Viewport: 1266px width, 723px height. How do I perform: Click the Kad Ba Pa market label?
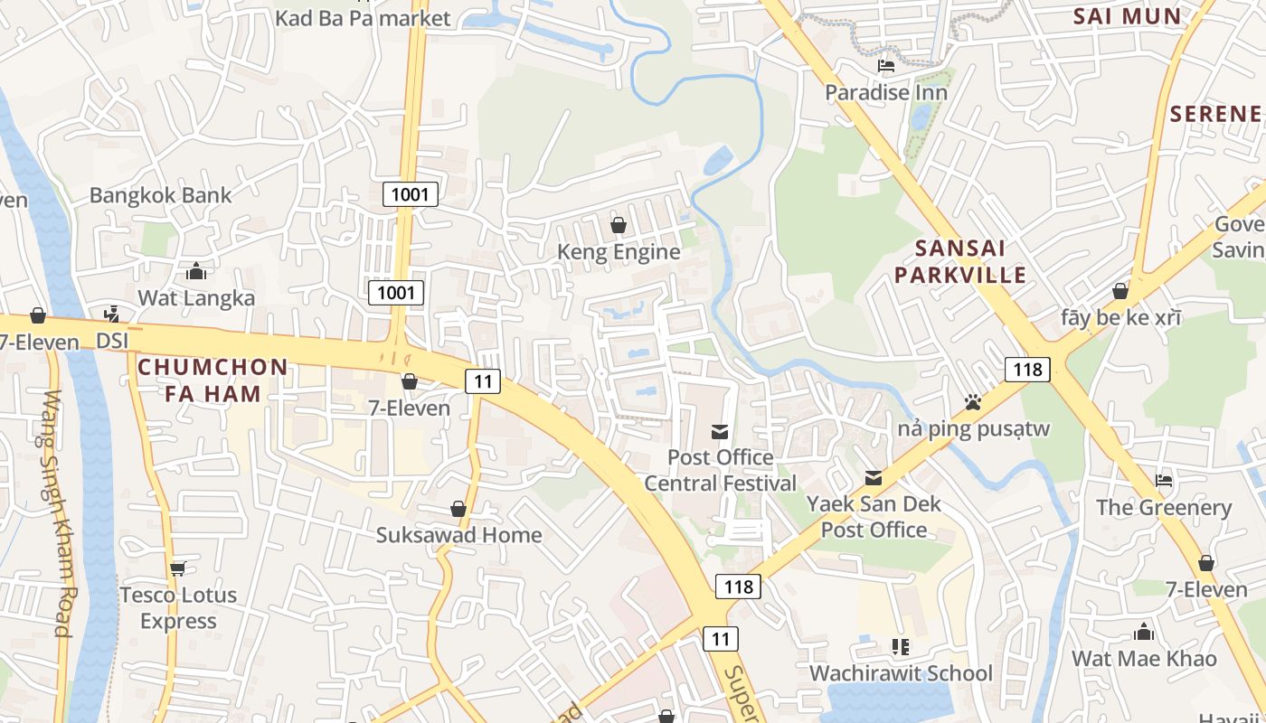pyautogui.click(x=362, y=18)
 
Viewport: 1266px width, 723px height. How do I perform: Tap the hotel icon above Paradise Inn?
pyautogui.click(x=886, y=66)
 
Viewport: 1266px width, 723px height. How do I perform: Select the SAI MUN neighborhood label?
pyautogui.click(x=1127, y=16)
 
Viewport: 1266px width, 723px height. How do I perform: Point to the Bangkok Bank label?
pyautogui.click(x=160, y=195)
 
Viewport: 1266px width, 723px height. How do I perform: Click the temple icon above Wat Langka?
pyautogui.click(x=195, y=271)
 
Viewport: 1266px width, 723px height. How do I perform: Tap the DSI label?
pyautogui.click(x=113, y=341)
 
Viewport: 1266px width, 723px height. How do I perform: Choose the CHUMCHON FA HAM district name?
pyautogui.click(x=213, y=380)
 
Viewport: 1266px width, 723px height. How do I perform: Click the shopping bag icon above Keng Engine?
pyautogui.click(x=619, y=225)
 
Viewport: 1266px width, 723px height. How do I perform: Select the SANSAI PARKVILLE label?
pyautogui.click(x=959, y=262)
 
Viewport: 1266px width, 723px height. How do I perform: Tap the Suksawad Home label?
pyautogui.click(x=458, y=535)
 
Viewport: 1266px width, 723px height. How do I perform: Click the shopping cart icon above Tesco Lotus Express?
pyautogui.click(x=177, y=568)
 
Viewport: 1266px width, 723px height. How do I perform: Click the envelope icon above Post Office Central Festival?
pyautogui.click(x=720, y=432)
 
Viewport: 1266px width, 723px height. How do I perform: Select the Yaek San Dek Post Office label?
pyautogui.click(x=874, y=517)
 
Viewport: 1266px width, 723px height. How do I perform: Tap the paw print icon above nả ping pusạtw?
pyautogui.click(x=972, y=402)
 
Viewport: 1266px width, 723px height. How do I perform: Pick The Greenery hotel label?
pyautogui.click(x=1164, y=508)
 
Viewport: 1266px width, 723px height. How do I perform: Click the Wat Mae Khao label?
pyautogui.click(x=1144, y=659)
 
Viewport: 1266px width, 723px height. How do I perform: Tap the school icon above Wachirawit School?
pyautogui.click(x=900, y=647)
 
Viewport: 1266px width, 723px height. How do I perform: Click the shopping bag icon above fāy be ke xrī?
pyautogui.click(x=1120, y=292)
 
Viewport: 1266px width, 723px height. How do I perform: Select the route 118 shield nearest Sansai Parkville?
pyautogui.click(x=1027, y=369)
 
